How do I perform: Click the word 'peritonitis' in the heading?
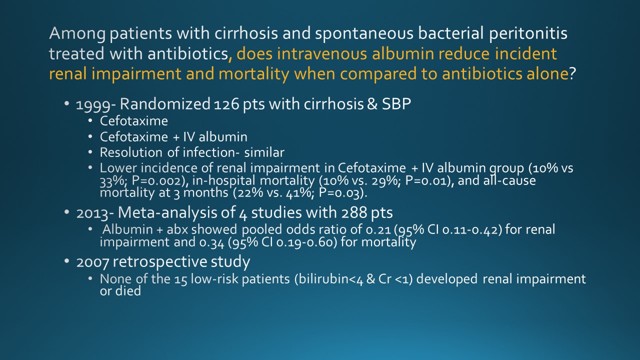pos(528,33)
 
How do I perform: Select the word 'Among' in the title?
pos(77,33)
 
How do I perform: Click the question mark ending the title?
pos(572,73)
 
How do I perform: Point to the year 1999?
pos(93,105)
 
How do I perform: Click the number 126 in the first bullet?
pos(226,104)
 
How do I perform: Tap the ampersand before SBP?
pos(372,103)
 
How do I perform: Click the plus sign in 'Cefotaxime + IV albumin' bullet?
pos(175,137)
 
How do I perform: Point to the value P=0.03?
pos(342,193)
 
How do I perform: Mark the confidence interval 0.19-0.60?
pos(307,242)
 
